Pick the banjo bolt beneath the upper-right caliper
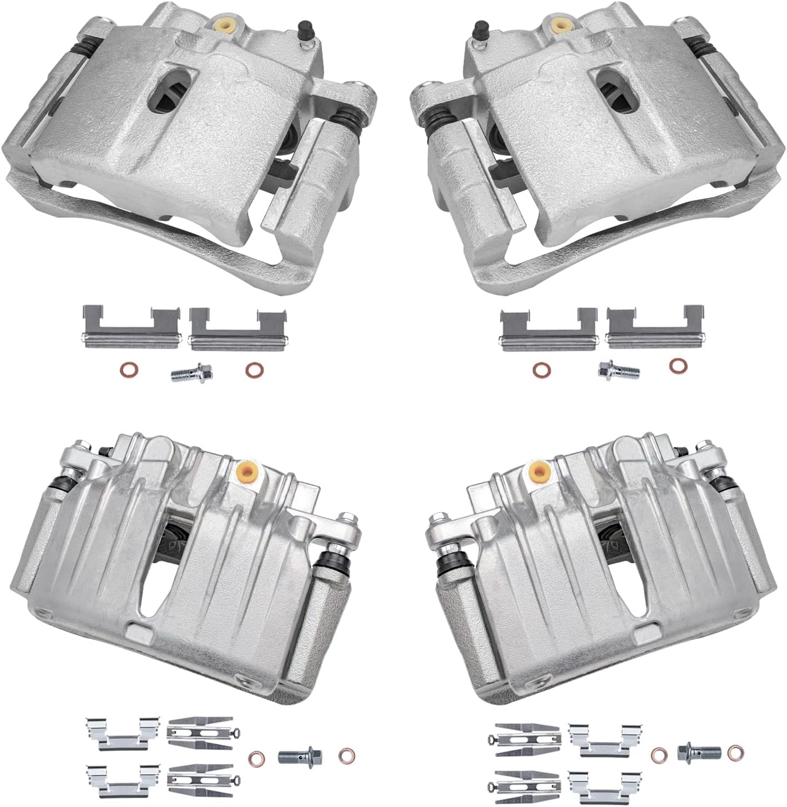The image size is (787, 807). click(x=618, y=369)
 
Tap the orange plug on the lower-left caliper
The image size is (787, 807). click(x=248, y=472)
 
